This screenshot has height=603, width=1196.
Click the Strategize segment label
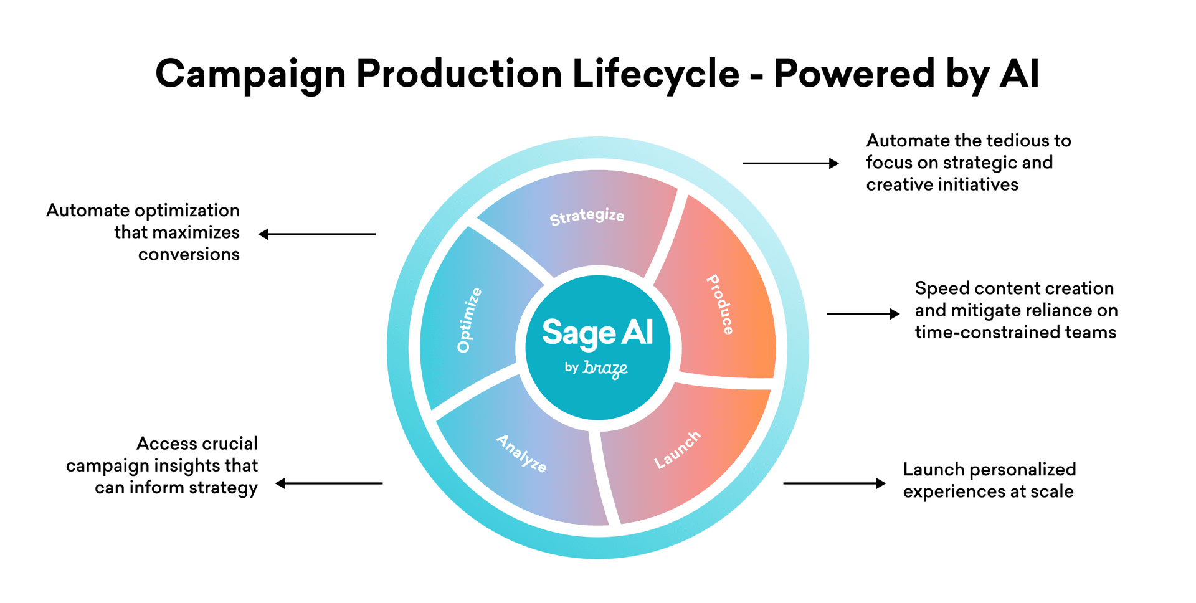pos(587,216)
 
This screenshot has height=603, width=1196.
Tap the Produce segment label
pos(720,305)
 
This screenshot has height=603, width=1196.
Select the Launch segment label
pos(677,450)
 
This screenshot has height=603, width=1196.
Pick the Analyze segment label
pos(521,453)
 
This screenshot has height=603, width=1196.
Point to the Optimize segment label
pos(469,320)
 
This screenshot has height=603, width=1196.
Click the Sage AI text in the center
pos(597,333)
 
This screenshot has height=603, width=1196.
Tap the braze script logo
pos(605,369)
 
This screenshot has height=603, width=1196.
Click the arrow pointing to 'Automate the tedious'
pos(790,163)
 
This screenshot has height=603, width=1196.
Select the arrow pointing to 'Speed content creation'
pos(863,314)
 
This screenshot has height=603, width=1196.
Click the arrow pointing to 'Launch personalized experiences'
pos(834,483)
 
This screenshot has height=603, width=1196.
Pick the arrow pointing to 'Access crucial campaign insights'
pos(329,483)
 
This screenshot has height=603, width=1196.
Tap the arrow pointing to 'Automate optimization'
pos(317,234)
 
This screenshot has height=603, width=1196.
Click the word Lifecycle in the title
pos(656,74)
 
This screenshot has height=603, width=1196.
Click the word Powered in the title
pos(854,74)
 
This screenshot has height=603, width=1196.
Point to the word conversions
pos(189,255)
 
